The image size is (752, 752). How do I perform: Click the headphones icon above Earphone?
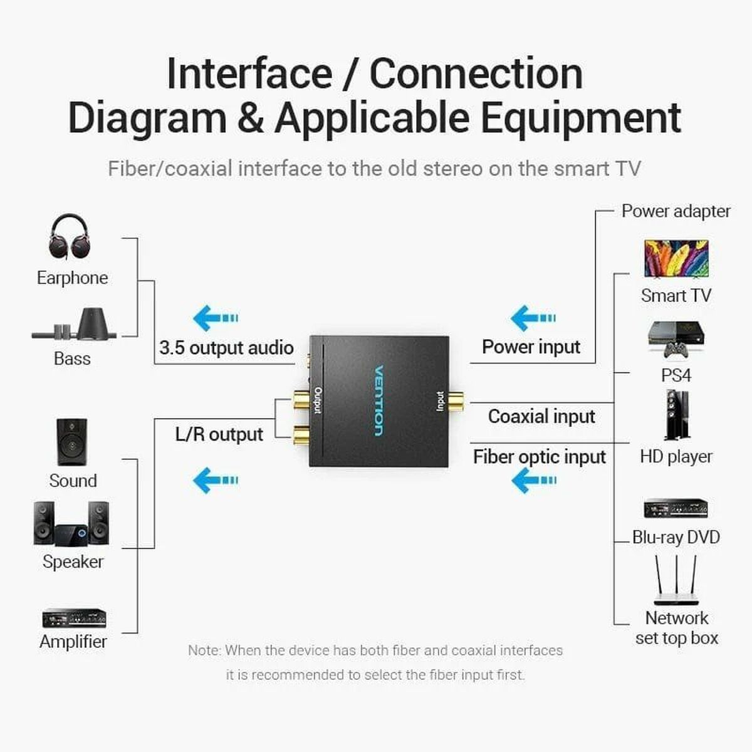(69, 237)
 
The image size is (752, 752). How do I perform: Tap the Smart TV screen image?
(676, 258)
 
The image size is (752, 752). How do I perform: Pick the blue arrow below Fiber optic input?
(533, 481)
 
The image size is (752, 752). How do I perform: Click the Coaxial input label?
(541, 416)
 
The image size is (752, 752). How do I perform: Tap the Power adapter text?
(676, 211)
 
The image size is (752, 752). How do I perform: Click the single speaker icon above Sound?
(72, 442)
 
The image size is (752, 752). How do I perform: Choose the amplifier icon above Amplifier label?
(74, 619)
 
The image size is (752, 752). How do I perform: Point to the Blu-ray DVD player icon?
(676, 508)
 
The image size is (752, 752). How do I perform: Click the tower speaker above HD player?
(677, 415)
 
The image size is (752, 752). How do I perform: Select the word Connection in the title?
(476, 73)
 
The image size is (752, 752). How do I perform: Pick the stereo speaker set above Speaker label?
(71, 523)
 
